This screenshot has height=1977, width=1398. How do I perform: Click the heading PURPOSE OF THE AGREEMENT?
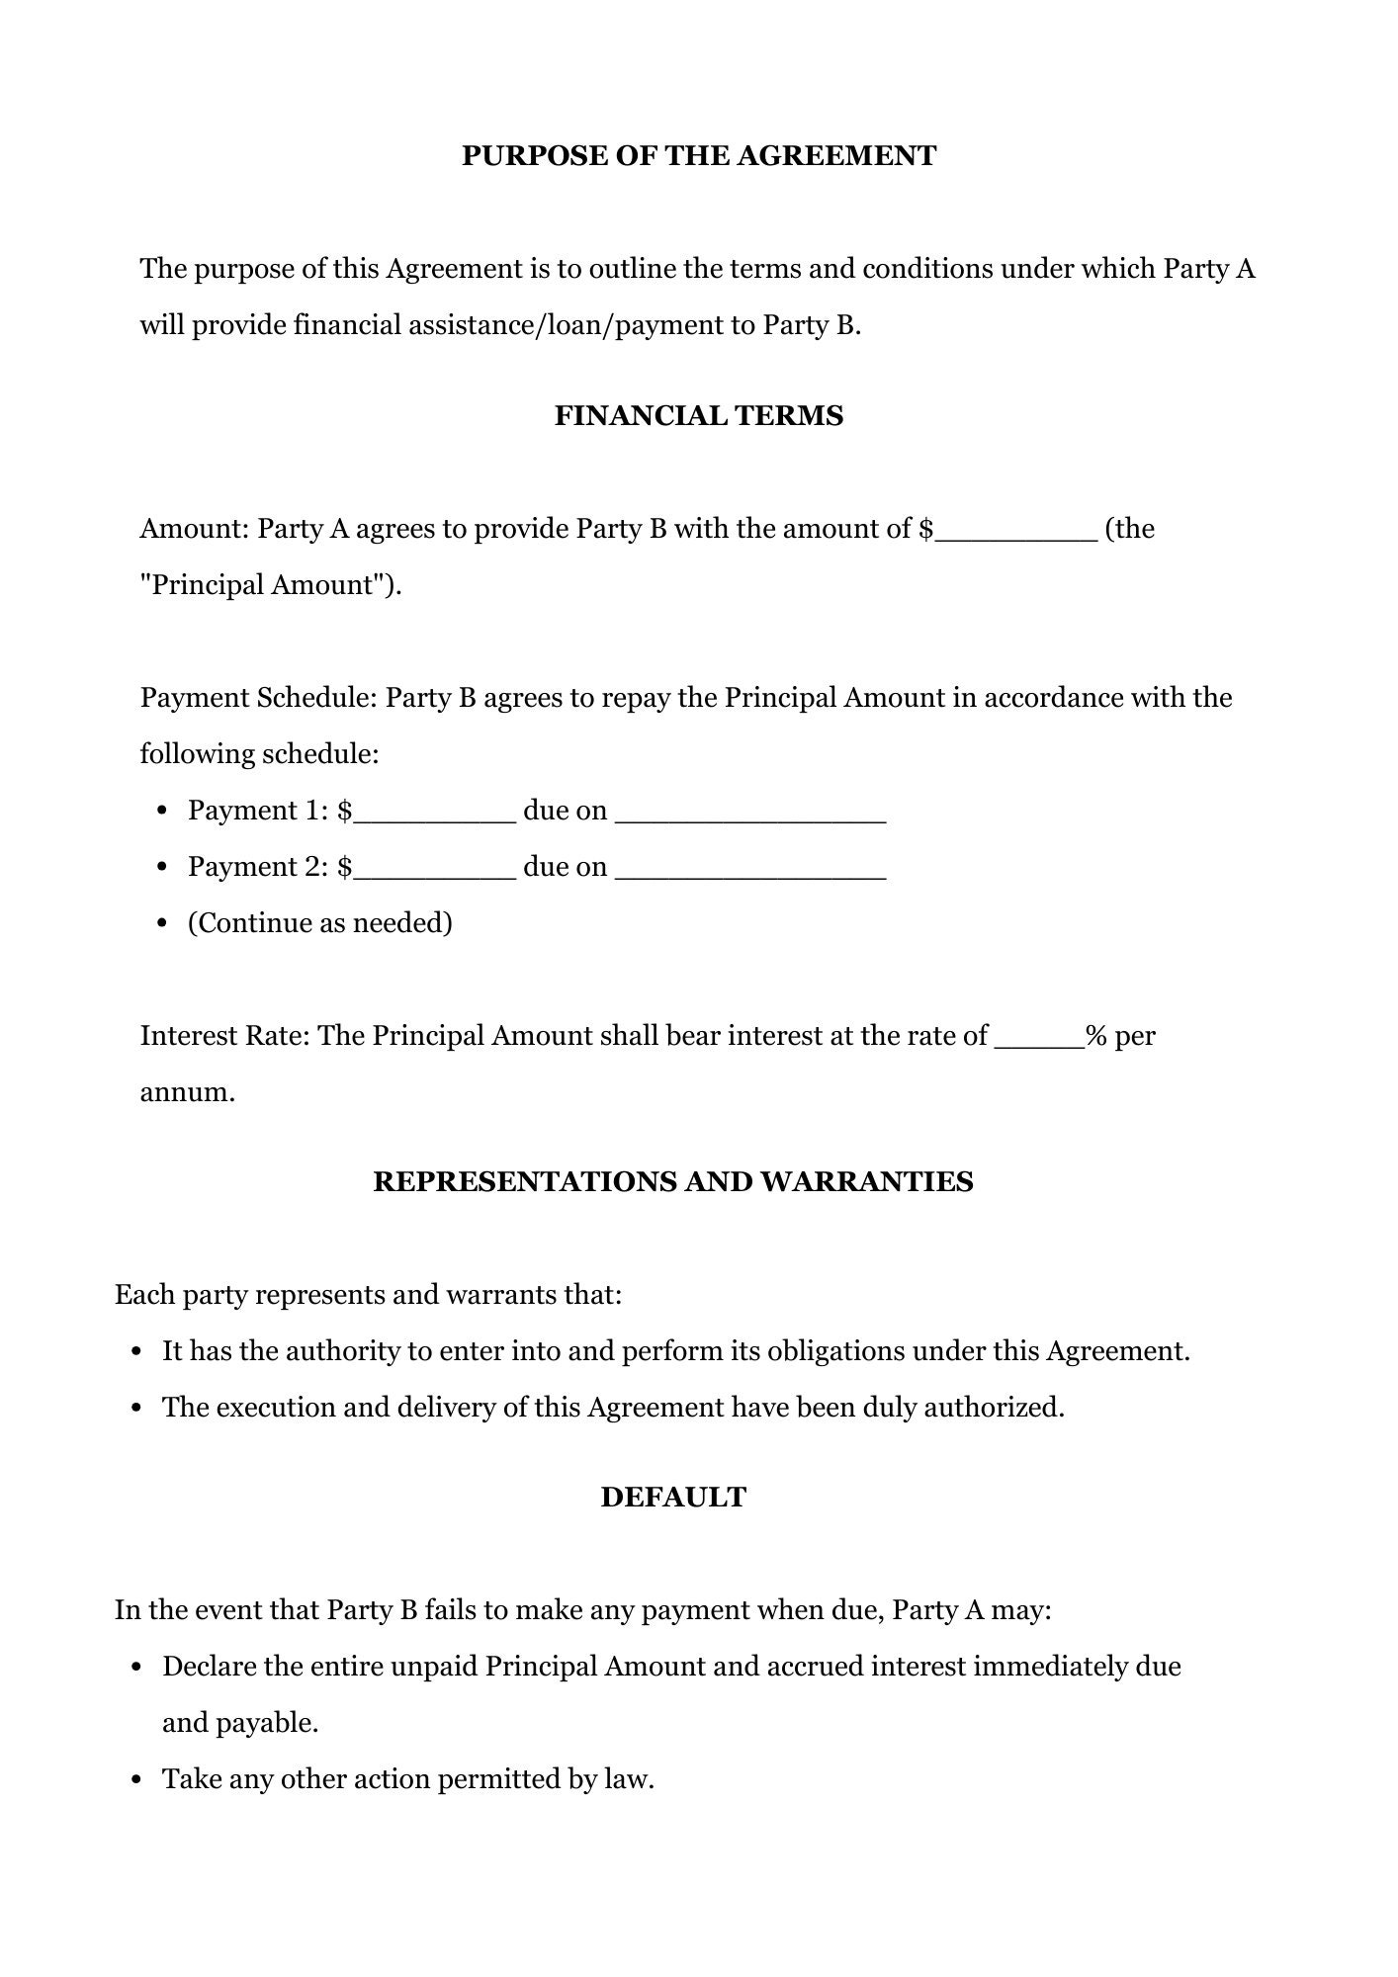[x=698, y=156]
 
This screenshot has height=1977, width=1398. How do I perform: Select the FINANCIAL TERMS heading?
[x=698, y=416]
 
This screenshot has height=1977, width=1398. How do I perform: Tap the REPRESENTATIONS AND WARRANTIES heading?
[x=672, y=1182]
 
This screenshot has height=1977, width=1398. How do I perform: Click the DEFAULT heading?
[x=672, y=1498]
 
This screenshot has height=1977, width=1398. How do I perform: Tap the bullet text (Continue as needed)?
[x=319, y=923]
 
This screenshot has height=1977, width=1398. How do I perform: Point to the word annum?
[x=187, y=1093]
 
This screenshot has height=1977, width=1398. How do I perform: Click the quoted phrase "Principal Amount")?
[x=271, y=585]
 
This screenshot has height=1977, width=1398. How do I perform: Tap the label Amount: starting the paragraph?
[x=195, y=529]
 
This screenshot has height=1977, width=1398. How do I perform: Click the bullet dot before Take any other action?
[x=137, y=1781]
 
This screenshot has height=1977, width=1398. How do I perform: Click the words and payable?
[x=240, y=1723]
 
